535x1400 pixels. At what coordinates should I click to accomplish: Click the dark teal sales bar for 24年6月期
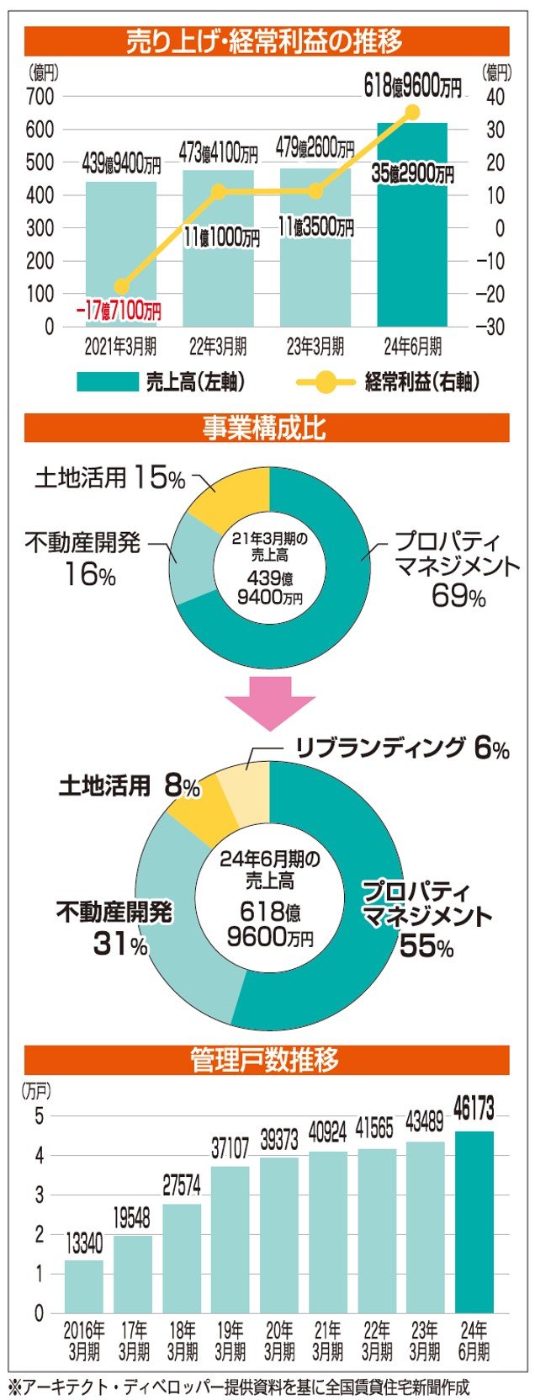click(411, 253)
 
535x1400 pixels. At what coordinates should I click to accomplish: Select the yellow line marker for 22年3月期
click(218, 192)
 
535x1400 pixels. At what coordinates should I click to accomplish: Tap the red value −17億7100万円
click(118, 311)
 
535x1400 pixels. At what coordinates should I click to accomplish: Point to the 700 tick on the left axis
click(40, 97)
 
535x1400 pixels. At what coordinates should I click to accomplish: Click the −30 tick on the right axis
click(493, 327)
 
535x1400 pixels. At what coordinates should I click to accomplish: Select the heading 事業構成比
click(266, 429)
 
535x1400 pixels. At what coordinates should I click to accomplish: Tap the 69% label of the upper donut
click(458, 596)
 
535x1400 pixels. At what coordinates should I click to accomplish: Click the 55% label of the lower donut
click(426, 945)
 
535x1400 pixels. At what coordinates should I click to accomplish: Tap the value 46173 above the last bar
click(474, 1109)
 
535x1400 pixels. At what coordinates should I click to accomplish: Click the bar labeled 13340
click(83, 1286)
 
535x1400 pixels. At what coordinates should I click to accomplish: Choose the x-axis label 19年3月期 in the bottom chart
click(230, 1341)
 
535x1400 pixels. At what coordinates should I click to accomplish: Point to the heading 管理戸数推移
click(266, 1059)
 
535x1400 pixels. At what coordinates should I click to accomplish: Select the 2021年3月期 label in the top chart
click(120, 346)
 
